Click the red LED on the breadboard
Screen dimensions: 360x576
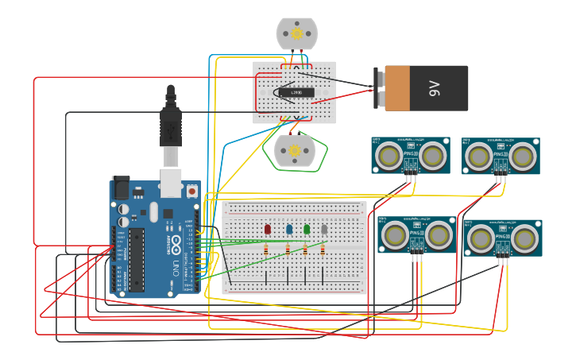[x=268, y=229]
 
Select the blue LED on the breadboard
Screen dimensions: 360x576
[x=288, y=229]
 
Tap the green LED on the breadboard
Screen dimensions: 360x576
[x=307, y=229]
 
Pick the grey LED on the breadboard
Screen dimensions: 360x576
[x=324, y=229]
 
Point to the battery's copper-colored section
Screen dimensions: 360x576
[x=396, y=88]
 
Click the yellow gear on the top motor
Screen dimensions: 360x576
[x=297, y=33]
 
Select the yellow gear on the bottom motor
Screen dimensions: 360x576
[x=294, y=150]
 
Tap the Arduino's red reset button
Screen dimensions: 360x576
[x=191, y=192]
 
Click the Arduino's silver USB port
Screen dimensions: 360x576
[x=171, y=181]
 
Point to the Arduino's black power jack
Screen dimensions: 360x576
[x=120, y=187]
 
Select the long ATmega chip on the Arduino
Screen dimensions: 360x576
[x=137, y=258]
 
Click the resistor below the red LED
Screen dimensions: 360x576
[x=269, y=250]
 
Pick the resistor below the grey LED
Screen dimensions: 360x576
[x=324, y=250]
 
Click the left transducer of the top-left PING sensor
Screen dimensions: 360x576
[x=389, y=155]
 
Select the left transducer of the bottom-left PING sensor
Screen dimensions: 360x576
[x=395, y=234]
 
